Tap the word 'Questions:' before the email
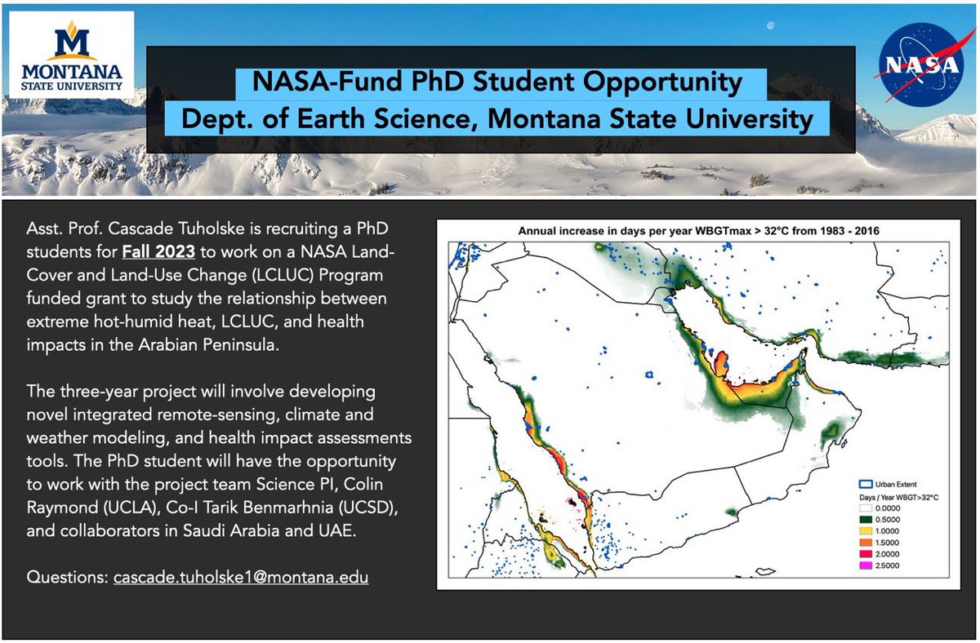coord(62,577)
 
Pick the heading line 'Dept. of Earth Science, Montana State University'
coord(497,119)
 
